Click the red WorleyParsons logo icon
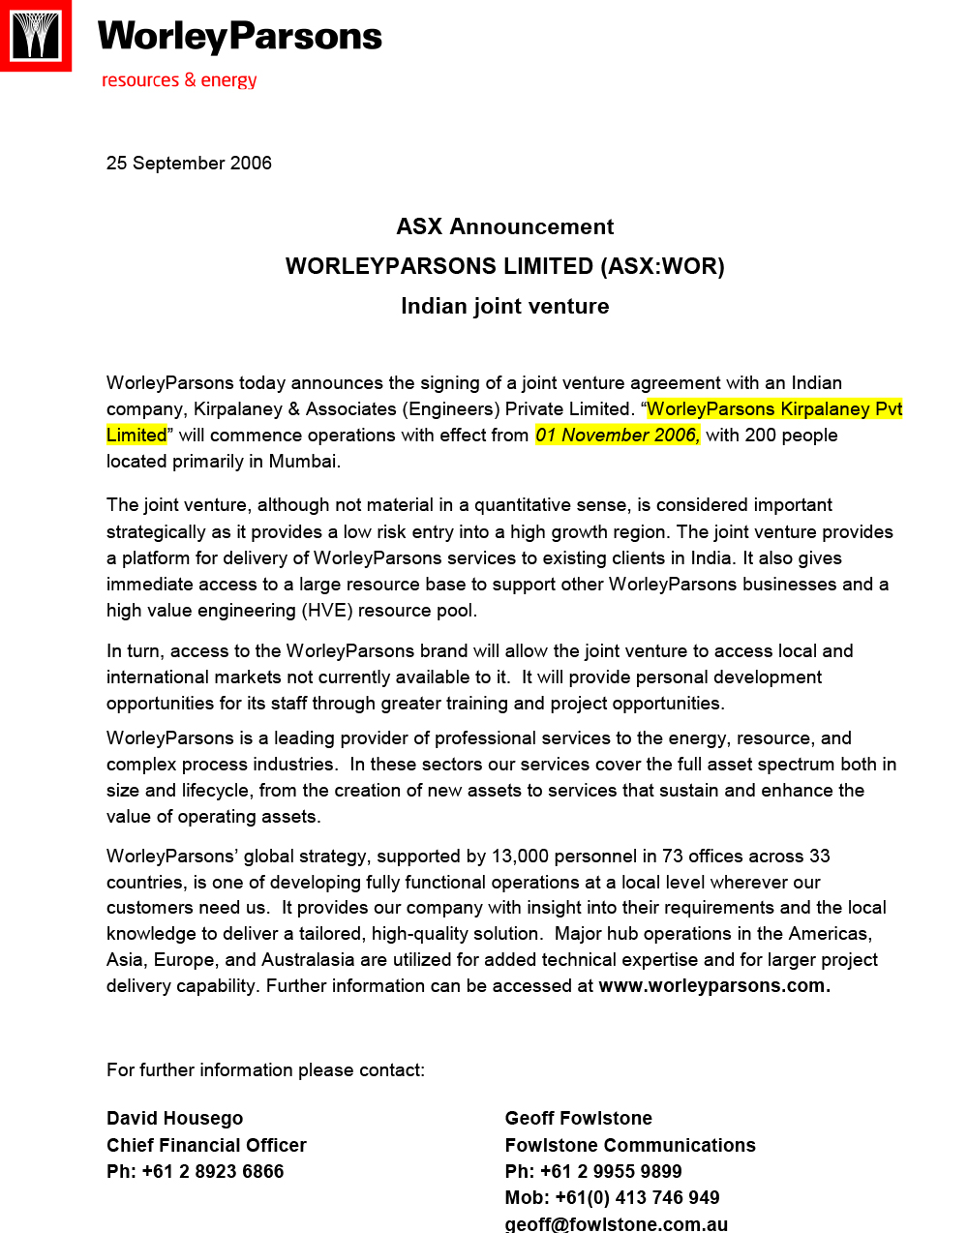coord(36,36)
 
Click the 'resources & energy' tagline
coord(179,79)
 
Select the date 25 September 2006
coord(189,163)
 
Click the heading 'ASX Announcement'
coord(504,226)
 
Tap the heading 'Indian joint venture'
coord(504,306)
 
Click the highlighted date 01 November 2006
coord(617,436)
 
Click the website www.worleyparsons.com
coord(714,986)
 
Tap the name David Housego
coord(174,1119)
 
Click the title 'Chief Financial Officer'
coord(206,1145)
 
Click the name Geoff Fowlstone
coord(578,1119)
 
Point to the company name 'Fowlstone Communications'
coord(630,1145)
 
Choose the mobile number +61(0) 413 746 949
coord(637,1198)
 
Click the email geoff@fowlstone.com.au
coord(616,1223)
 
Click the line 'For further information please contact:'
coord(265,1070)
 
